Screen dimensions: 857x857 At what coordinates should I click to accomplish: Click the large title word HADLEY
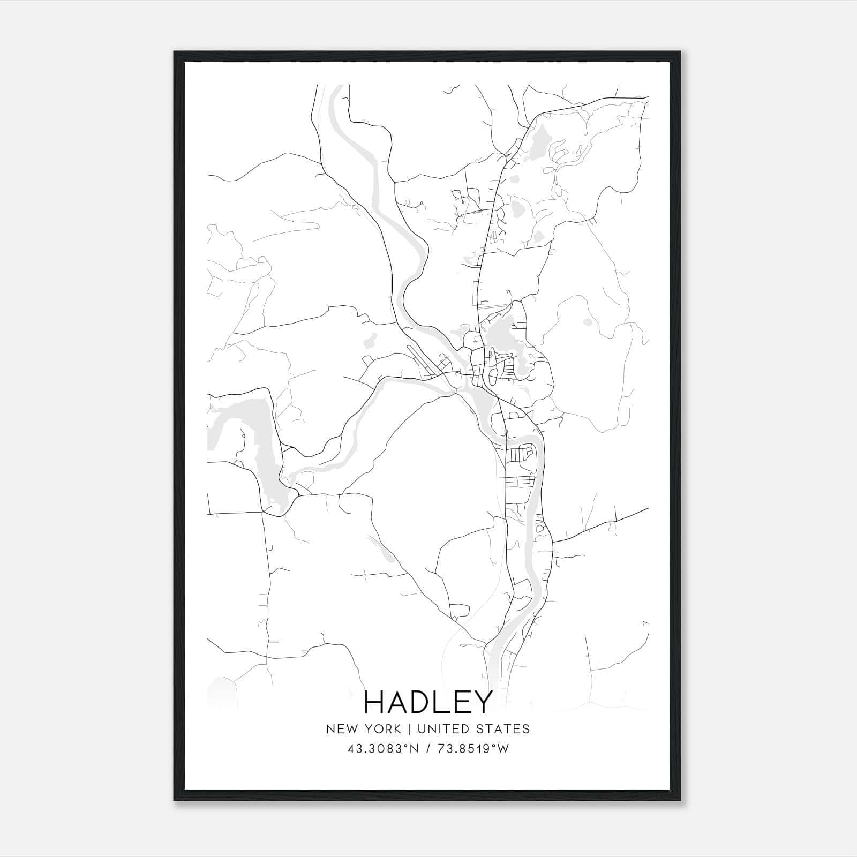point(428,702)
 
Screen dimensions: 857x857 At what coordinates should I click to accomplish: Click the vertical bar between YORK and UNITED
point(409,729)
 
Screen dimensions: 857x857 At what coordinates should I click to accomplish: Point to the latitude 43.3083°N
point(381,749)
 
